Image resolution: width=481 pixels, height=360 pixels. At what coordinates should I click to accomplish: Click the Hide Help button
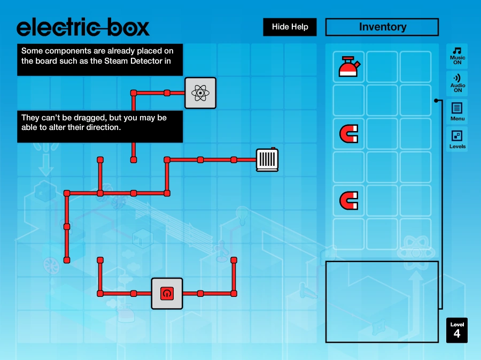point(290,27)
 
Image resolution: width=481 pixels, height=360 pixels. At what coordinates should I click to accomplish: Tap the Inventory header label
point(382,27)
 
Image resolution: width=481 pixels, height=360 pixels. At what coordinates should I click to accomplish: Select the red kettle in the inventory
point(350,67)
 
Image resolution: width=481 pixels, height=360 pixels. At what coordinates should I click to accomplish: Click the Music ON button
point(457,56)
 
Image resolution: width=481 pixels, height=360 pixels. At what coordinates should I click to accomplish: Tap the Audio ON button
point(457,84)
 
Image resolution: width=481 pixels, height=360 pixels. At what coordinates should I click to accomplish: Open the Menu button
point(457,112)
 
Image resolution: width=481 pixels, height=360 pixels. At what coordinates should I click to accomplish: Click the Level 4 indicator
point(457,330)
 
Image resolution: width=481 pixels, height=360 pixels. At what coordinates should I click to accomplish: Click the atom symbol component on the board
point(200,93)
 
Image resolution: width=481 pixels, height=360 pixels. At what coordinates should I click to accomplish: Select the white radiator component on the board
point(267,159)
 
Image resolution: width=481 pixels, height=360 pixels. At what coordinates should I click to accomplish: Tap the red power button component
point(167,293)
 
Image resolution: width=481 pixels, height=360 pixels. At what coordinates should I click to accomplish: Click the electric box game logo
point(83,27)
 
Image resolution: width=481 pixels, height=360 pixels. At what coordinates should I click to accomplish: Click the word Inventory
point(382,27)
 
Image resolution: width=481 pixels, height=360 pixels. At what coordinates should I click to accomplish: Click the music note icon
point(457,50)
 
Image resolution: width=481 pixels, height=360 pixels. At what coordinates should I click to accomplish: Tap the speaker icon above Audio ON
point(457,78)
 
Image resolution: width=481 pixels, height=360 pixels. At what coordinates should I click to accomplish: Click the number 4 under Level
point(457,334)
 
